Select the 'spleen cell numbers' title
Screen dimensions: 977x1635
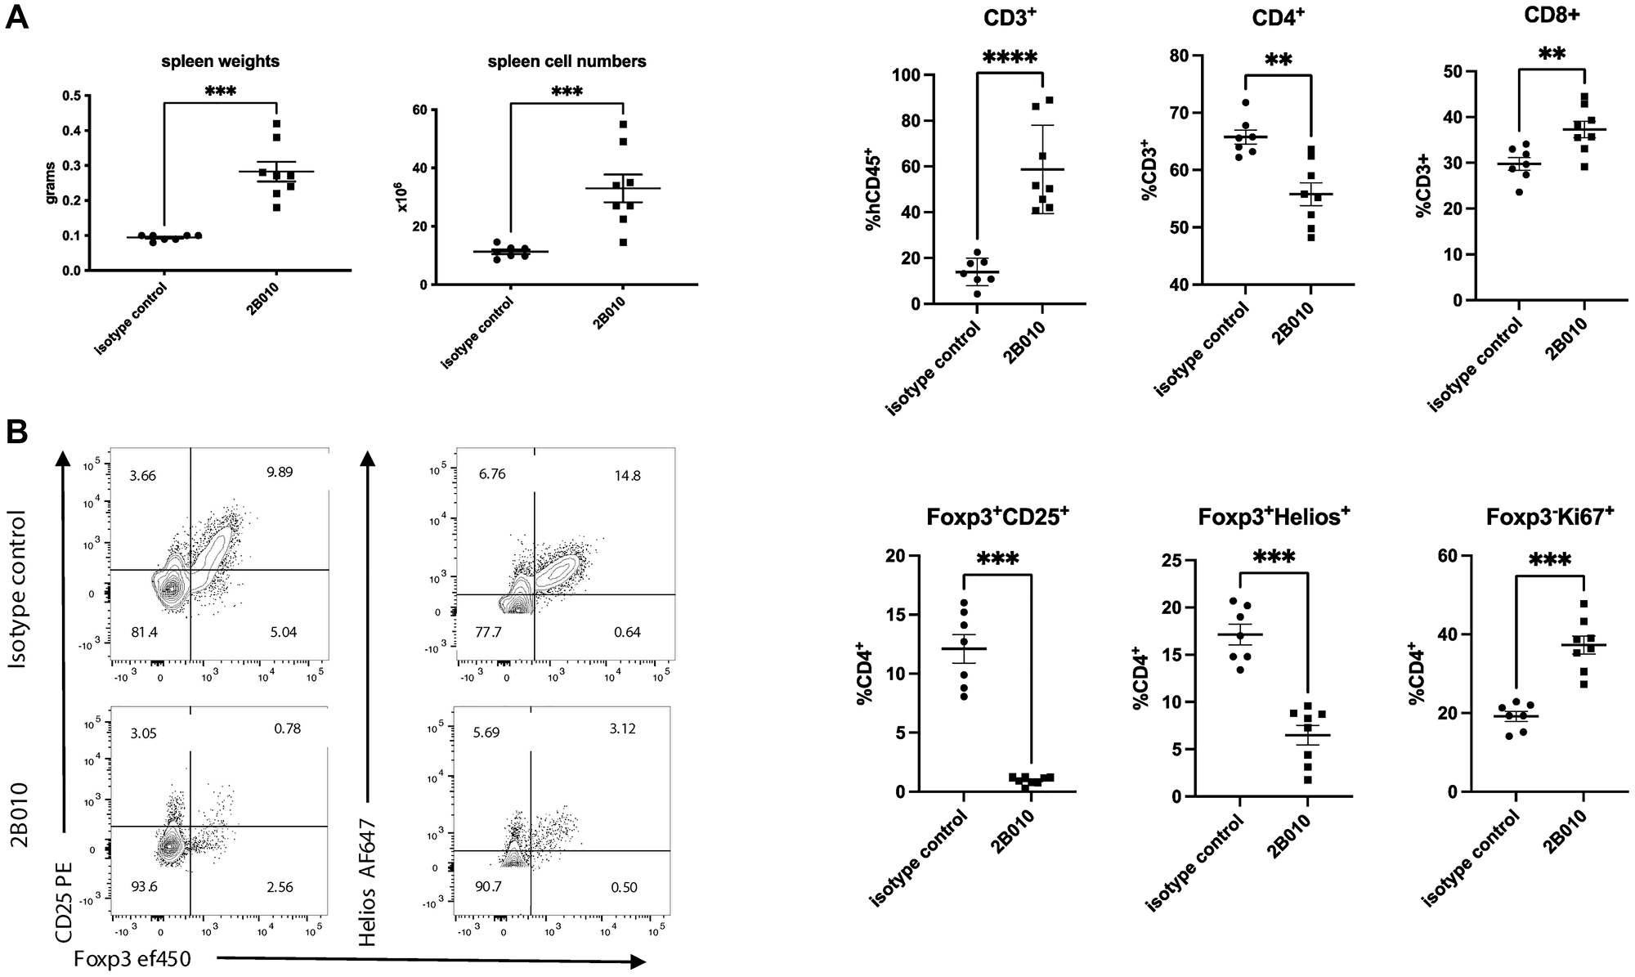[567, 61]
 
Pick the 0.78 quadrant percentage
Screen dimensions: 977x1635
[286, 728]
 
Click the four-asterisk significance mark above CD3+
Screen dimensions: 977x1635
[1010, 58]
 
